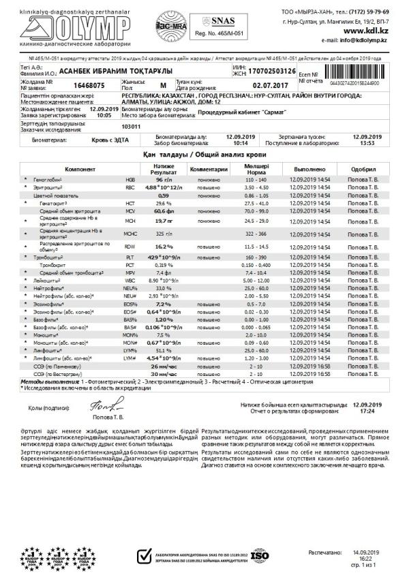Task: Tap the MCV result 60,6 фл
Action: pos(163,211)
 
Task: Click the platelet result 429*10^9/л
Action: pos(163,256)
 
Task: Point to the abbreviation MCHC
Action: pos(130,233)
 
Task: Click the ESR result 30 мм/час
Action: pos(163,374)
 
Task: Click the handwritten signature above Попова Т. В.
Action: pos(99,407)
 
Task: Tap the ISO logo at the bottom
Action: pos(260,555)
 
